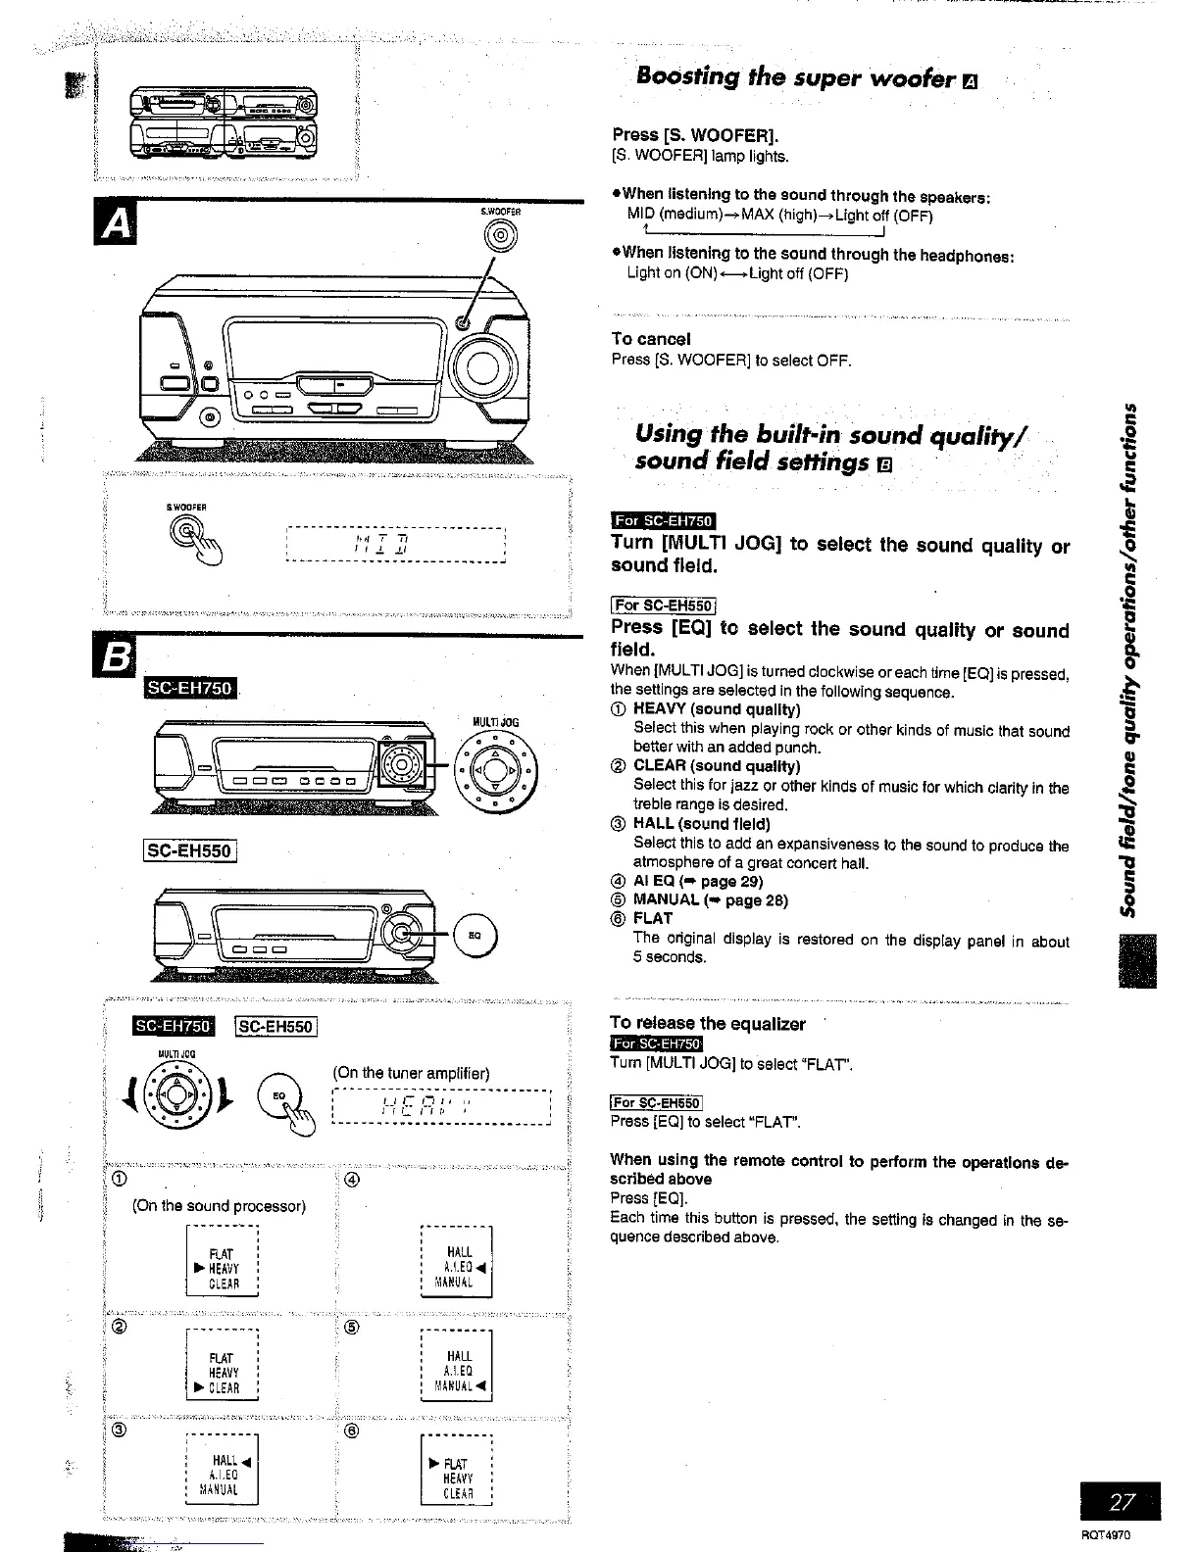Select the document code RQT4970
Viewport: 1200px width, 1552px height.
1107,1535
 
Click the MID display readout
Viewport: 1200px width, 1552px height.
394,543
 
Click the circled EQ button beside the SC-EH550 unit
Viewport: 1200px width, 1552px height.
475,935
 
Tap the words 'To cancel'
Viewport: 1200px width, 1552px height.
651,339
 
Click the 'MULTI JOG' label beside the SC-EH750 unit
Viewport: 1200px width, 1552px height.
495,722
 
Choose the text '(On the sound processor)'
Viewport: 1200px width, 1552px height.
219,1205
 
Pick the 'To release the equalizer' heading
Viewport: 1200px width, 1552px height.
707,1024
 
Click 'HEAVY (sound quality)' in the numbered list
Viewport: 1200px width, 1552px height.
717,709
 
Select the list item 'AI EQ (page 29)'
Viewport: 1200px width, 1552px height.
698,881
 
